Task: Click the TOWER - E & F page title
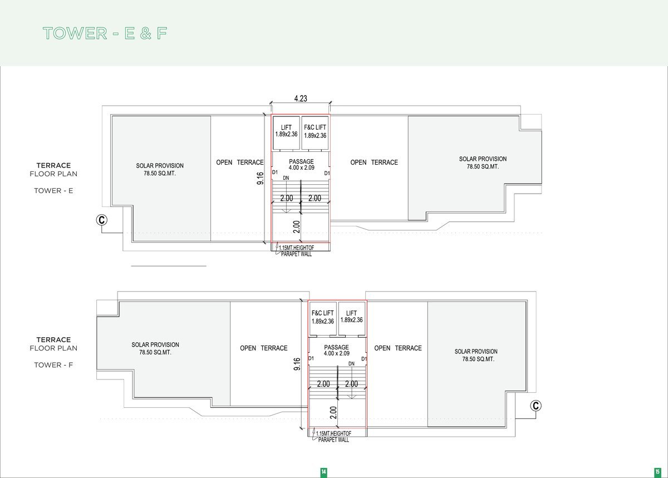pyautogui.click(x=105, y=33)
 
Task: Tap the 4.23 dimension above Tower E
pyautogui.click(x=301, y=98)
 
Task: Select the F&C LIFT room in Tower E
pyautogui.click(x=315, y=132)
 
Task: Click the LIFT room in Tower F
pyautogui.click(x=352, y=318)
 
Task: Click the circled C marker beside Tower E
pyautogui.click(x=102, y=220)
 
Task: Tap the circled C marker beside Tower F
pyautogui.click(x=536, y=406)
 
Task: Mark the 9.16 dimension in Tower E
pyautogui.click(x=261, y=178)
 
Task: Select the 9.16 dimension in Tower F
pyautogui.click(x=297, y=364)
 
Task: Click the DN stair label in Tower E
pyautogui.click(x=286, y=178)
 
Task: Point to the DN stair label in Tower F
pyautogui.click(x=352, y=364)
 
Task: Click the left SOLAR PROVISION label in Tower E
pyautogui.click(x=160, y=169)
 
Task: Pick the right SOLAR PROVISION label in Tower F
pyautogui.click(x=477, y=355)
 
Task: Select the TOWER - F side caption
pyautogui.click(x=53, y=365)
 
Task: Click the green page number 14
pyautogui.click(x=323, y=472)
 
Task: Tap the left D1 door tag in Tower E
pyautogui.click(x=275, y=173)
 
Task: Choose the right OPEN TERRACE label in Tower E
pyautogui.click(x=374, y=162)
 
